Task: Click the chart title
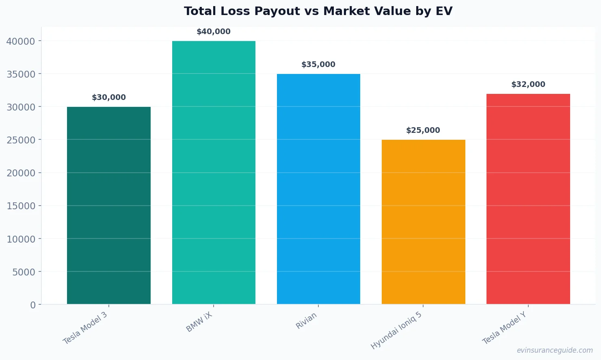point(318,11)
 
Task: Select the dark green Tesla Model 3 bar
point(109,205)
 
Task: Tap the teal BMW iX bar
point(214,172)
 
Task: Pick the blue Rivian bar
point(318,189)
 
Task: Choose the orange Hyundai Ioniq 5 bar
point(423,222)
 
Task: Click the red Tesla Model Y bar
point(528,199)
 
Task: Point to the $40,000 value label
point(214,32)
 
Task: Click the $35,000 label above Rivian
point(318,65)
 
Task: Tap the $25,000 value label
point(423,130)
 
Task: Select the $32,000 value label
point(528,85)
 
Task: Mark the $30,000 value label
point(109,98)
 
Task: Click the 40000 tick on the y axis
point(21,41)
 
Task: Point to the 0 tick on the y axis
point(33,305)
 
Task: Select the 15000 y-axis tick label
point(21,206)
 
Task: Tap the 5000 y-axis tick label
point(24,272)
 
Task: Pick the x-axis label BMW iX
point(199,322)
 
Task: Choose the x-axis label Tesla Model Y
point(504,328)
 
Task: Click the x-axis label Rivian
point(306,321)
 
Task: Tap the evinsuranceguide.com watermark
point(555,350)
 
